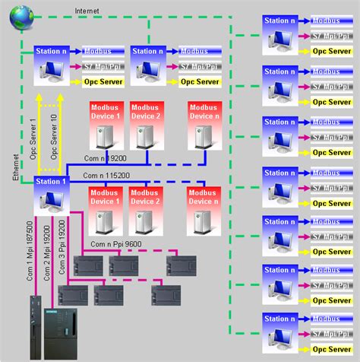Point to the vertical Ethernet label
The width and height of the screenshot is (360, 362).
16,165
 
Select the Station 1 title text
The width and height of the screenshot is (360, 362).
52,182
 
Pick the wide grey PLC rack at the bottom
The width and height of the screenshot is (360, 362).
64,325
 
